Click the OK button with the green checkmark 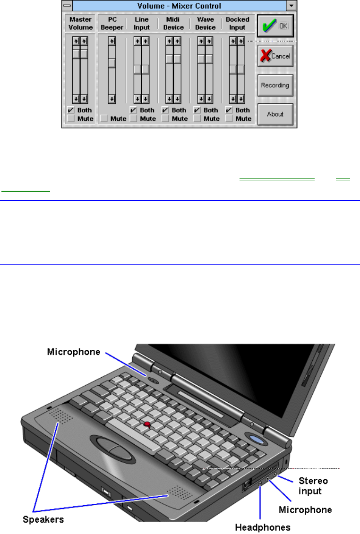275,26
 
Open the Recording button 275,85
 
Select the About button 275,114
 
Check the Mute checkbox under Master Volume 70,119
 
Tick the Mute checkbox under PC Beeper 103,119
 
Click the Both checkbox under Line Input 133,110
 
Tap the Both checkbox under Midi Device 165,110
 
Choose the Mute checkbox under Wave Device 197,119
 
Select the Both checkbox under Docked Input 229,110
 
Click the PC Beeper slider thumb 112,63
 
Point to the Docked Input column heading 238,24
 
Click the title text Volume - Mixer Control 180,6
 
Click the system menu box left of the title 67,6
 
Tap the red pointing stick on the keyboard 147,424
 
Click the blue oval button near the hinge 257,440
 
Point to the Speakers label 43,519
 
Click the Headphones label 263,527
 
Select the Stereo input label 313,486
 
